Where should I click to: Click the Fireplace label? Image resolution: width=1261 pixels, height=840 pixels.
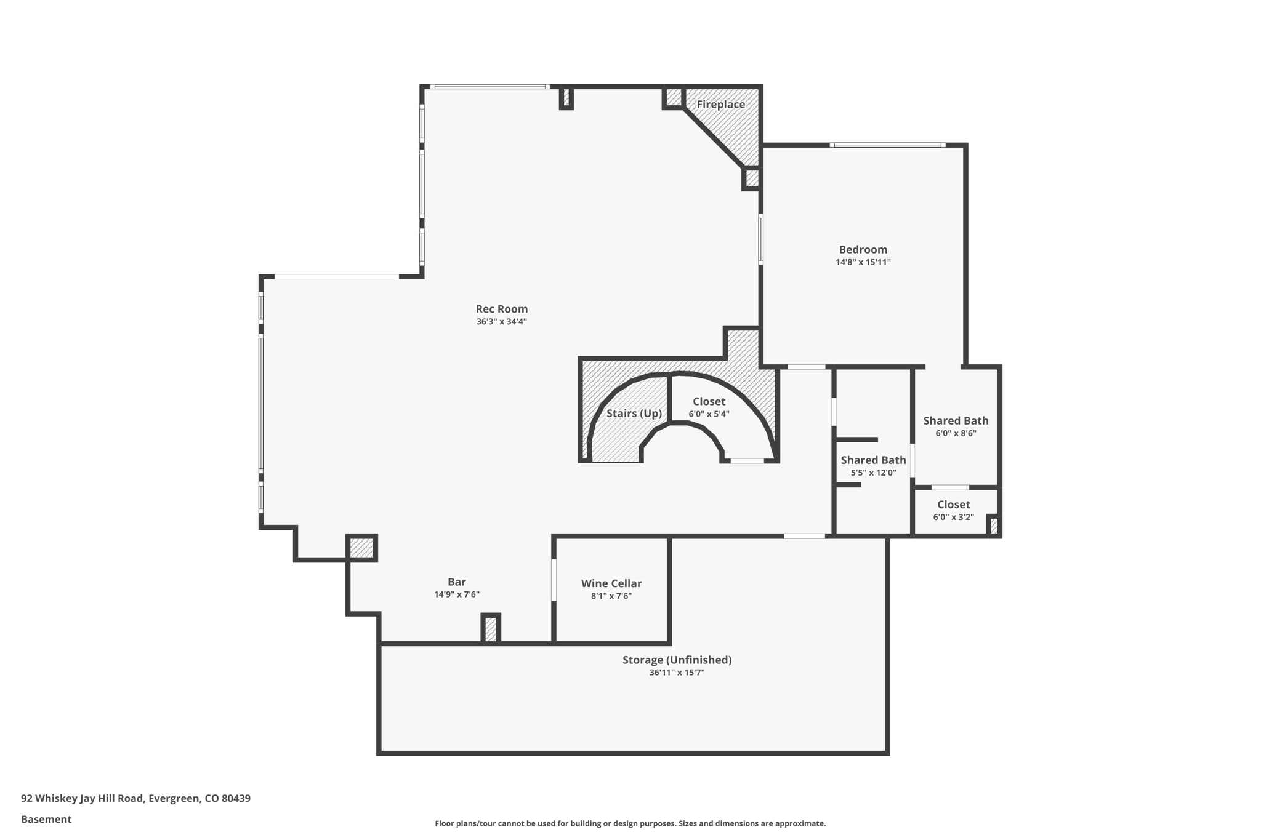[720, 105]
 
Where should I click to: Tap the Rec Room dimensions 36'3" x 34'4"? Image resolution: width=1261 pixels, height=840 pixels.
[501, 322]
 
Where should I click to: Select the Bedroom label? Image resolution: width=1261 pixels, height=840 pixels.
[863, 249]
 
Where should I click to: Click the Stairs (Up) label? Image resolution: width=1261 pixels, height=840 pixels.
[634, 414]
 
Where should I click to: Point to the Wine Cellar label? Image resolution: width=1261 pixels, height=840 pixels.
[611, 583]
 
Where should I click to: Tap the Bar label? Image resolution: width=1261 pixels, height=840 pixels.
[456, 582]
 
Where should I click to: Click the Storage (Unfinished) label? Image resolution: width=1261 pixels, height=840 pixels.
[677, 660]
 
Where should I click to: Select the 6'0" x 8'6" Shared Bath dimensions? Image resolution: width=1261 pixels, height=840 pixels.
[956, 433]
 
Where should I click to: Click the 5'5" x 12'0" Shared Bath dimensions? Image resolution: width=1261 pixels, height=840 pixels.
[873, 473]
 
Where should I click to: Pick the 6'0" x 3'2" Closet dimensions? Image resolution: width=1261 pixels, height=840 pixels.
[953, 517]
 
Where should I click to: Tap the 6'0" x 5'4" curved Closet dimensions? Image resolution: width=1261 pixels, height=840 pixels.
[709, 414]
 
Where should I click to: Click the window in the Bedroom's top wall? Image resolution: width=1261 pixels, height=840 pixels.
[887, 145]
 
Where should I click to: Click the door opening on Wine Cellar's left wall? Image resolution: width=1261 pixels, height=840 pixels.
[554, 580]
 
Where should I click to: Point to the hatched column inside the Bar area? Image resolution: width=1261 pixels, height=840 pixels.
[490, 629]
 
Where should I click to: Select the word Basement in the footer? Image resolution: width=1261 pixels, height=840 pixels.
[46, 819]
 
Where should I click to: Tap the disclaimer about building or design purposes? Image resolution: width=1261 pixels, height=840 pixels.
[630, 823]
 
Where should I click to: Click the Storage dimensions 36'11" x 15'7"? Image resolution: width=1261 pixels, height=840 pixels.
[677, 673]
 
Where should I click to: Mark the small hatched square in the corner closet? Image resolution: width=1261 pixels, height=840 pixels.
[993, 526]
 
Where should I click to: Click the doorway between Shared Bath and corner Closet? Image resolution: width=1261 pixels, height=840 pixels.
[949, 487]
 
